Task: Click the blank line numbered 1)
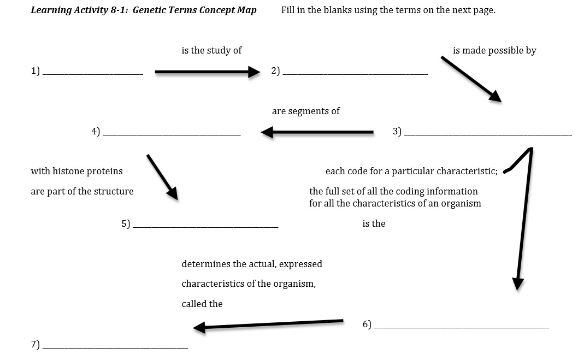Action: pyautogui.click(x=92, y=73)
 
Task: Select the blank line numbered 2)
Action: pyautogui.click(x=355, y=73)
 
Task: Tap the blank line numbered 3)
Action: pyautogui.click(x=488, y=134)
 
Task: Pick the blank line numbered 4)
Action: pyautogui.click(x=172, y=134)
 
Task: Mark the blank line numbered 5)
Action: pyautogui.click(x=205, y=226)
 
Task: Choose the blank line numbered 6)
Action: pyautogui.click(x=462, y=327)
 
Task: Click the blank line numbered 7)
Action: pyautogui.click(x=115, y=347)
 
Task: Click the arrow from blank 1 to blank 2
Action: pyautogui.click(x=207, y=72)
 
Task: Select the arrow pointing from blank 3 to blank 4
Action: pyautogui.click(x=317, y=132)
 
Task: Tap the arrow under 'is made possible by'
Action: pyautogui.click(x=471, y=79)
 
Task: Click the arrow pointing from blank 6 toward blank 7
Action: pyautogui.click(x=268, y=324)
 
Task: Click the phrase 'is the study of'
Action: pyautogui.click(x=211, y=50)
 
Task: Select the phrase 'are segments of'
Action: pyautogui.click(x=305, y=111)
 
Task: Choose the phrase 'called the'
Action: pyautogui.click(x=202, y=304)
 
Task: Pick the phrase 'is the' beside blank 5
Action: pyautogui.click(x=374, y=223)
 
